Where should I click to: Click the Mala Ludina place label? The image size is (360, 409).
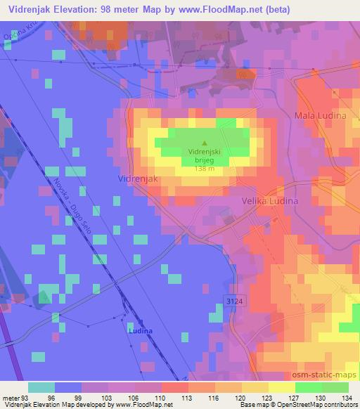tap(320, 115)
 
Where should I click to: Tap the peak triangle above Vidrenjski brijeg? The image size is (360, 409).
tap(204, 143)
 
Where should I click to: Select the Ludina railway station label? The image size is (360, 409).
tap(139, 329)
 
